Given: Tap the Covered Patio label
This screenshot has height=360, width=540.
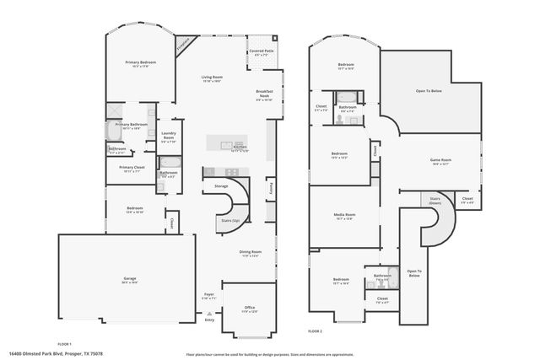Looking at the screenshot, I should point(262,51).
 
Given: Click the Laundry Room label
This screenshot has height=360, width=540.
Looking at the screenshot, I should point(168,135).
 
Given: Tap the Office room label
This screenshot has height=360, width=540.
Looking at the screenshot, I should point(250,307).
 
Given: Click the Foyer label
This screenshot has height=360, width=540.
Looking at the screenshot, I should point(209,296).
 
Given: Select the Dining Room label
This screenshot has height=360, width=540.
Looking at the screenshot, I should point(250,251).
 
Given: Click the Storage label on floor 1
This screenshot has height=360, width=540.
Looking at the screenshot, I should point(221,185).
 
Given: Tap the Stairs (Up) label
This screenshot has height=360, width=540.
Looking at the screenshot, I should point(229,220).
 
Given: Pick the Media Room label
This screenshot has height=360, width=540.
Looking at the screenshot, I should point(343,215).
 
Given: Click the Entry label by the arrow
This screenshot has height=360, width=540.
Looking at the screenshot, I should point(209,320).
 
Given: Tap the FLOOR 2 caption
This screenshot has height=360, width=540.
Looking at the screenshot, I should point(316,331).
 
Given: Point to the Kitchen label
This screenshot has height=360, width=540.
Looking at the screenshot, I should point(240,147).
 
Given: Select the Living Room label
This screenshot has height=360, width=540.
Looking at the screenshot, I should point(211,78).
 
